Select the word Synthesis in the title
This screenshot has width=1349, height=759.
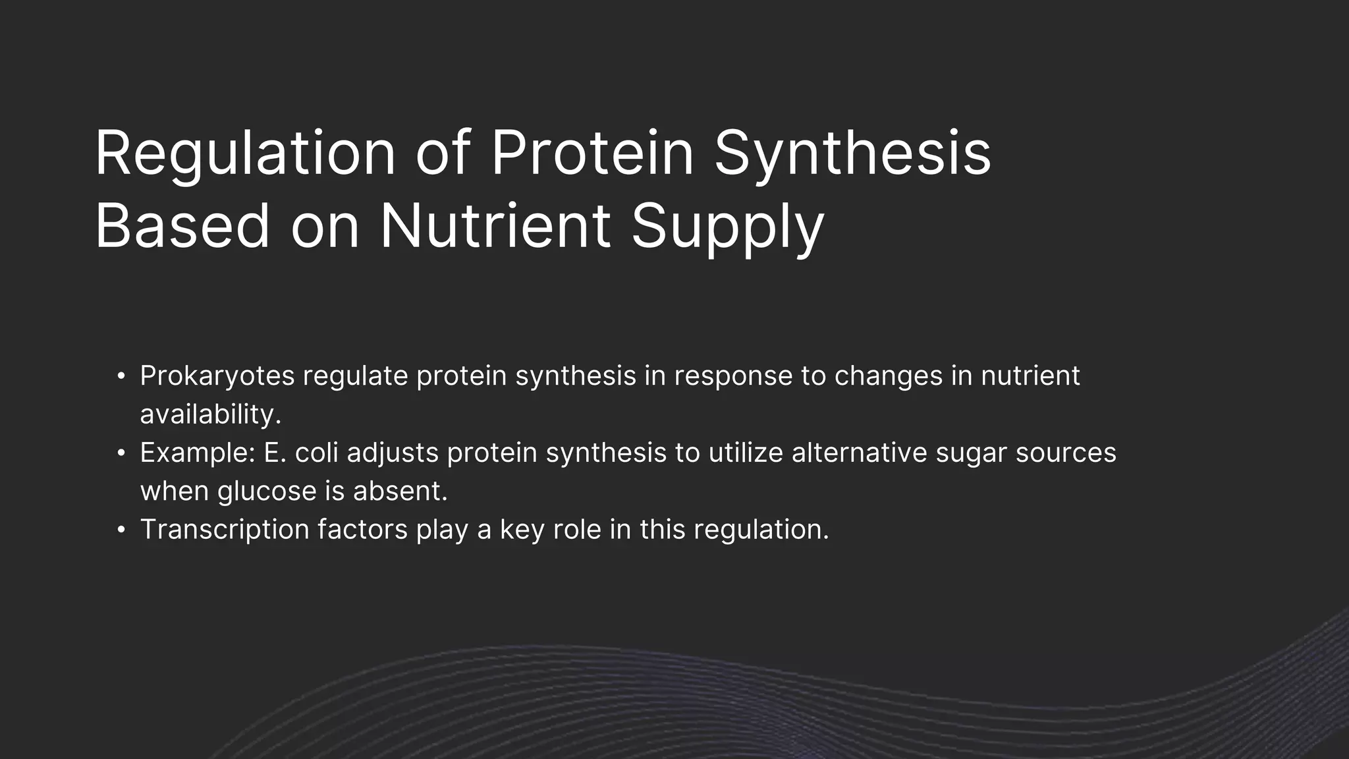click(852, 154)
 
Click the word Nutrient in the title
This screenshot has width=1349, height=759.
click(495, 226)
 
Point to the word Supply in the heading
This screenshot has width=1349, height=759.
click(727, 226)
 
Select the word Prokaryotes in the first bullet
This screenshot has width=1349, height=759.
click(217, 376)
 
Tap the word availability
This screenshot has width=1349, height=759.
click(211, 414)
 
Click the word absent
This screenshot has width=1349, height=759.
click(400, 491)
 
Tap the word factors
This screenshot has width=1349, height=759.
click(362, 529)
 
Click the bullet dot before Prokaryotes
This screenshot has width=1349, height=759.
click(121, 377)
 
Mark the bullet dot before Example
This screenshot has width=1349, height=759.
click(121, 453)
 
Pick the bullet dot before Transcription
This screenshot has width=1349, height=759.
click(121, 530)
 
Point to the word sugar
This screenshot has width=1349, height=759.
click(971, 453)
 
